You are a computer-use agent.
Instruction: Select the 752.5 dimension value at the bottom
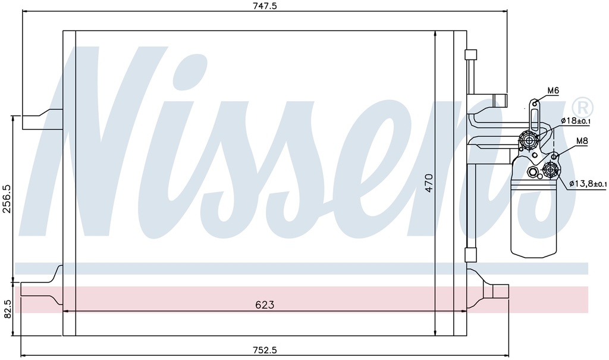tap(265, 350)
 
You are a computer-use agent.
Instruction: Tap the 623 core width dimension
tap(265, 305)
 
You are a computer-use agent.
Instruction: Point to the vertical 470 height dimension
tap(429, 182)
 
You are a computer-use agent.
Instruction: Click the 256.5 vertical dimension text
tap(7, 199)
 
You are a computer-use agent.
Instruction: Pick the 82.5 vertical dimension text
tap(7, 309)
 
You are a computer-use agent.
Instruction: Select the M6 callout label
tap(553, 90)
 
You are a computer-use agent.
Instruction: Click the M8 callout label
tap(582, 141)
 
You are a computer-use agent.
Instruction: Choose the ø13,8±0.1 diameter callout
tap(588, 183)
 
